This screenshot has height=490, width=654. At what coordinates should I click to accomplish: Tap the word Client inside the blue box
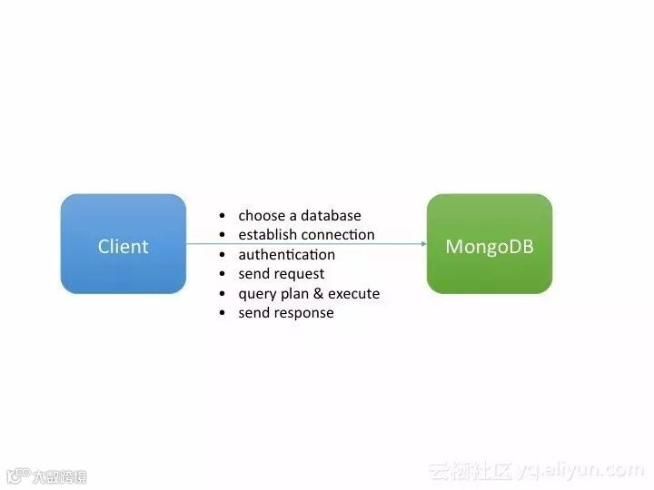pos(123,246)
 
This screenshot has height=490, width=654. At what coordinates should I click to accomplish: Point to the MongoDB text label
pos(489,246)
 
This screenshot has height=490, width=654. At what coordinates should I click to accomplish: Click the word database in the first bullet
pos(330,216)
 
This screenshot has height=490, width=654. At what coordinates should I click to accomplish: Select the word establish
pos(267,235)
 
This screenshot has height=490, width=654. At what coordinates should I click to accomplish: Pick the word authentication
pos(286,255)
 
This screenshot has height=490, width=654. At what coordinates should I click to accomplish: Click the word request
pos(299,274)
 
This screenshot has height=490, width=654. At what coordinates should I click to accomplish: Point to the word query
pos(256,294)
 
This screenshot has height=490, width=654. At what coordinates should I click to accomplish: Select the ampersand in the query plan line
pos(317,294)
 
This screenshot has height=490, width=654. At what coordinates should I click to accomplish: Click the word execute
pos(353,294)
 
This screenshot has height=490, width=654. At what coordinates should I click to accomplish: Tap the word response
pos(303,313)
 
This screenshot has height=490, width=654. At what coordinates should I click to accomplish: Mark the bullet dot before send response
pos(223,314)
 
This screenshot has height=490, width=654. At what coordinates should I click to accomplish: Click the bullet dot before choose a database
pos(223,217)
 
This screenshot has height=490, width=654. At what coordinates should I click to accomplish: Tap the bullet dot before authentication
pos(223,256)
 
